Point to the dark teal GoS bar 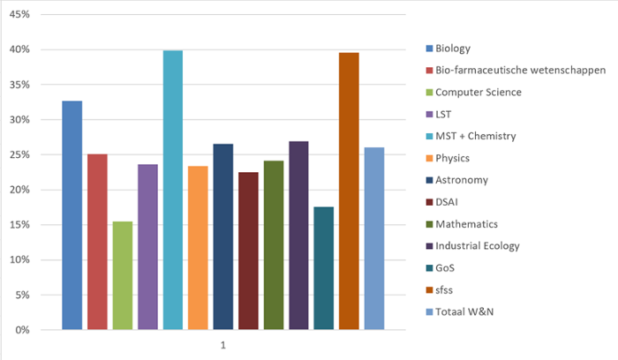click(324, 268)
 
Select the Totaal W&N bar click(374, 238)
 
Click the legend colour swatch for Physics click(429, 158)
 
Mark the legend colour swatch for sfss click(429, 289)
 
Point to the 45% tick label click(19, 15)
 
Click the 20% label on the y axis click(19, 190)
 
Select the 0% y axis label click(22, 330)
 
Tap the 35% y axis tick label click(19, 85)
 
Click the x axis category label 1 click(222, 344)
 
